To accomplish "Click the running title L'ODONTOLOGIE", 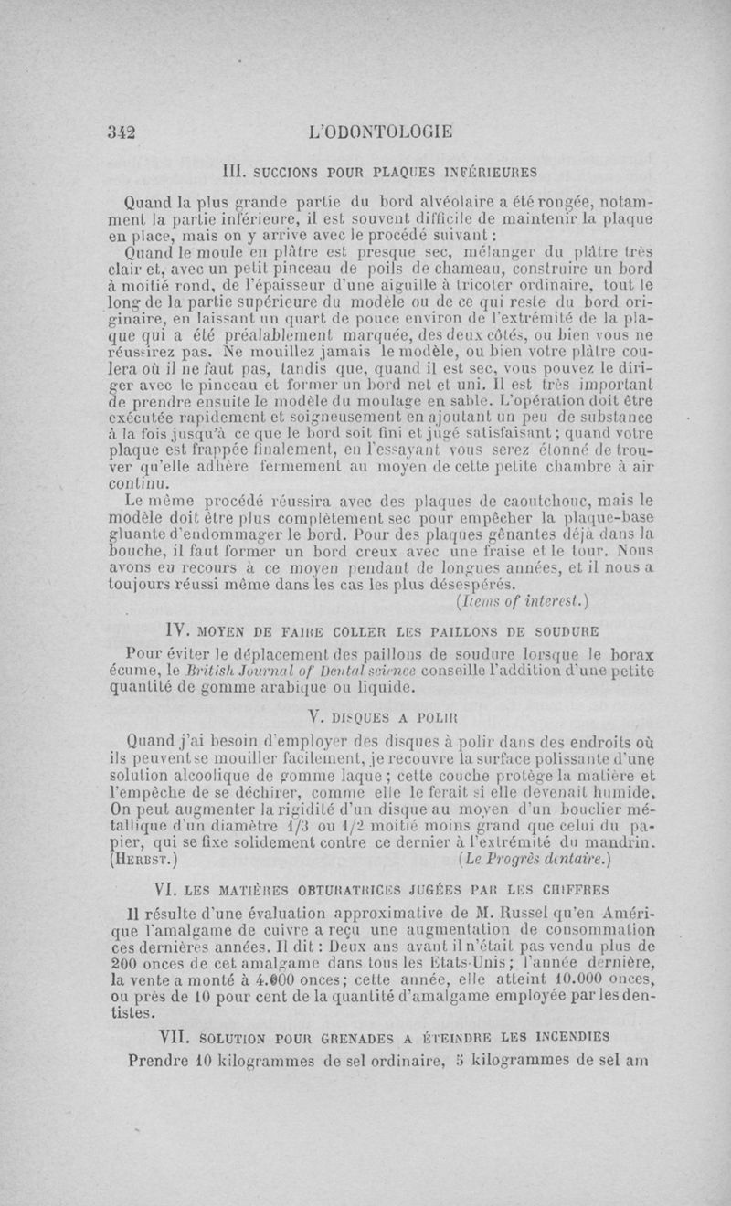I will (x=382, y=131).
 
